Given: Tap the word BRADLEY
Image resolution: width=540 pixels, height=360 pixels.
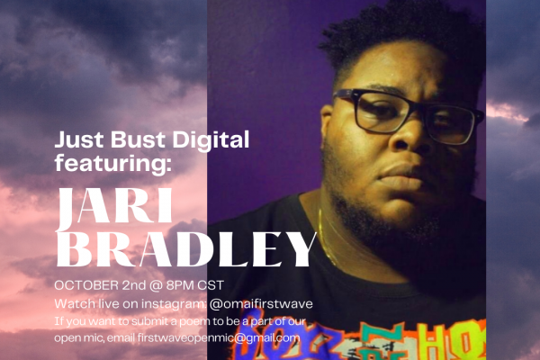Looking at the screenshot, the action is tap(186, 249).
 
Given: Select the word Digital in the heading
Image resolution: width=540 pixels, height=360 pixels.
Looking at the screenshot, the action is tap(211, 140).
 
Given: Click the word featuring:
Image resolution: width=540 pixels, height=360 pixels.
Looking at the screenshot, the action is tap(113, 163).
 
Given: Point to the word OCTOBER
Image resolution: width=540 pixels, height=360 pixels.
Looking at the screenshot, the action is tap(86, 285).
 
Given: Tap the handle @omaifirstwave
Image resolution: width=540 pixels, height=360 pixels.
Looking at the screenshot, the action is tap(261, 304).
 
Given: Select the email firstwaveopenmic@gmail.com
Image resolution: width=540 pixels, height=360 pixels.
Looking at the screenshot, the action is tap(219, 338).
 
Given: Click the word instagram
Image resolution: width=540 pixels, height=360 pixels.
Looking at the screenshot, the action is tap(174, 304).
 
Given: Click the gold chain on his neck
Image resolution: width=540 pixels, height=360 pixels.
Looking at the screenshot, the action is tap(327, 238).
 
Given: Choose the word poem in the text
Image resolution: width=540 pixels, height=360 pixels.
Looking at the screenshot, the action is tap(193, 322).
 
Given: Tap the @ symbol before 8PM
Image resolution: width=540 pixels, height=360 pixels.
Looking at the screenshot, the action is tap(157, 285).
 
